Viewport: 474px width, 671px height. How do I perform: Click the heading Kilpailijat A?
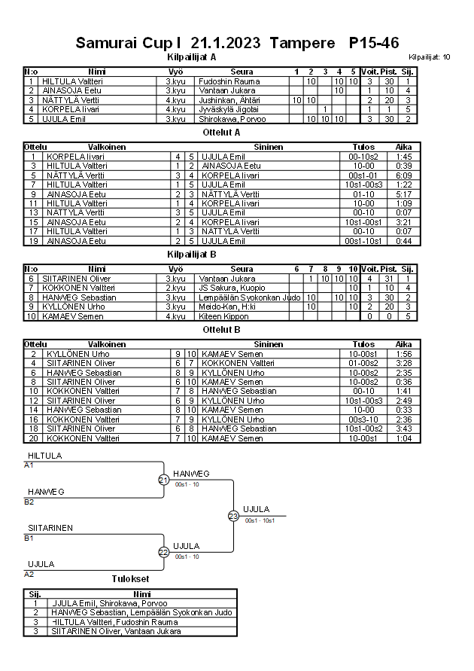point(191,56)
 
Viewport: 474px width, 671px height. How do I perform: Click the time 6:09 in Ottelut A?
point(403,175)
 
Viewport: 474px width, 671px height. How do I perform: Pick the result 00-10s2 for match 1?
point(363,157)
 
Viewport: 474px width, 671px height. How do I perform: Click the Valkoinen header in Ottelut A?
point(107,147)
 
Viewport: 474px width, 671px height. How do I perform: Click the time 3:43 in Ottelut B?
point(403,429)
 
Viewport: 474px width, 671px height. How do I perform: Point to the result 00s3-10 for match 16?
point(363,419)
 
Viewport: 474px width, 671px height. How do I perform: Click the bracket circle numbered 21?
point(164,480)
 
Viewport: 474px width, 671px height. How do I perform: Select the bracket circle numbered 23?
point(233,516)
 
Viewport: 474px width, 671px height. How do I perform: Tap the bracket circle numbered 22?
point(164,552)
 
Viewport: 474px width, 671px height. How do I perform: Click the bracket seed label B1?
point(29,538)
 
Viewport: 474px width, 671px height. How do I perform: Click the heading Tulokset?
point(130,579)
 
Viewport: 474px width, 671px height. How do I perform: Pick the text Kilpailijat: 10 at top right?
point(430,57)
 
